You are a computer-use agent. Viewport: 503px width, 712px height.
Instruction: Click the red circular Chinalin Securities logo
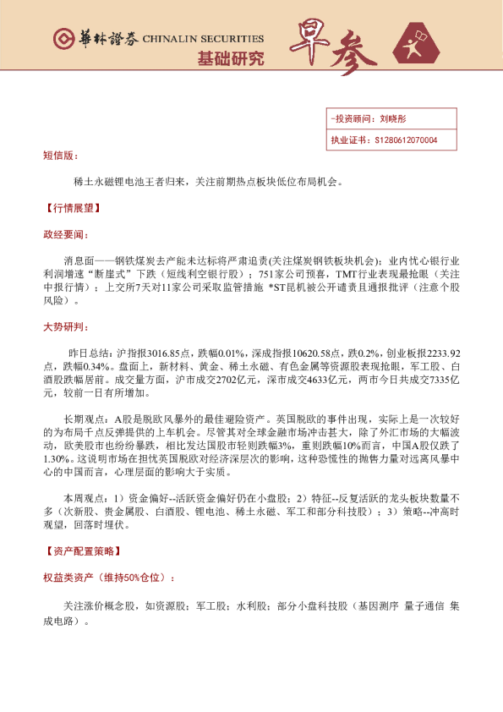[62, 39]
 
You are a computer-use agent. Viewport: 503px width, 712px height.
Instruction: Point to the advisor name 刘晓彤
[394, 120]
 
